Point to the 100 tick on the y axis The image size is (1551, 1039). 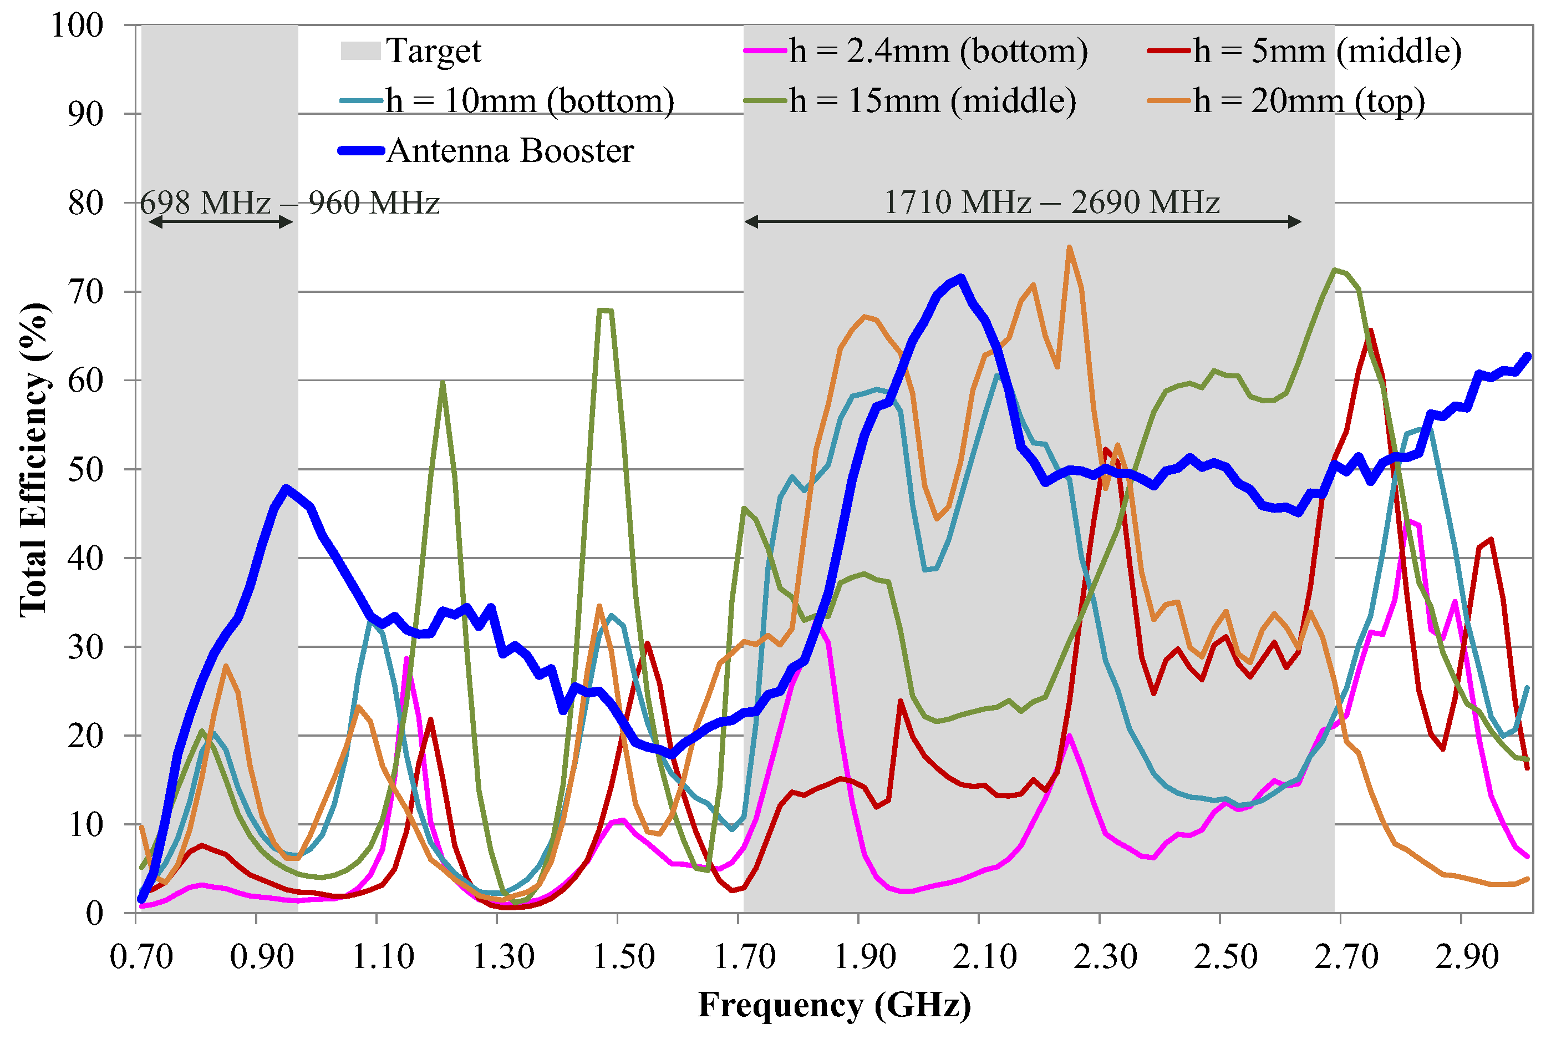click(x=78, y=26)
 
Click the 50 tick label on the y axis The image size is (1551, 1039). click(x=86, y=470)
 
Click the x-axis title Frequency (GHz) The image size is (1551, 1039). click(x=835, y=1006)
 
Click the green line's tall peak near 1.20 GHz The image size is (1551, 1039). click(x=443, y=383)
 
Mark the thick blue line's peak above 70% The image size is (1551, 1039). click(x=961, y=278)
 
